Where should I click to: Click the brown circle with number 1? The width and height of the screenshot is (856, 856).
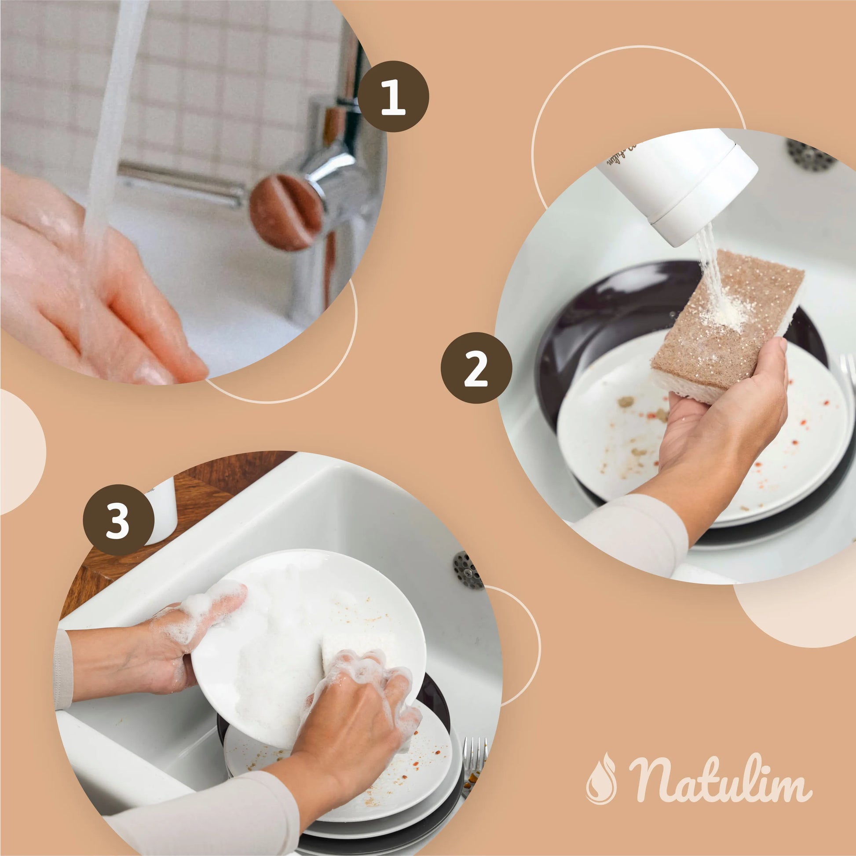coord(393,96)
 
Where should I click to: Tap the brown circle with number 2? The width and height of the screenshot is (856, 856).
coord(476,368)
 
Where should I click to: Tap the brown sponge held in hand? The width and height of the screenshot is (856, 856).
coord(727,326)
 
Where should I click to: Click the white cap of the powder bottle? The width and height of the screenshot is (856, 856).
coord(705,195)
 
